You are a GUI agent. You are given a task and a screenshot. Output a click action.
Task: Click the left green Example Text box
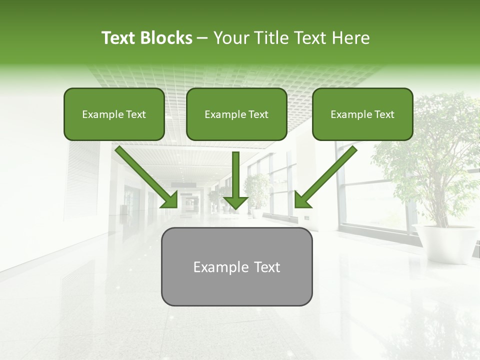point(114,114)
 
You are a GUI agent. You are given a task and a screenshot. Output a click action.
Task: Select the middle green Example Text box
point(236,114)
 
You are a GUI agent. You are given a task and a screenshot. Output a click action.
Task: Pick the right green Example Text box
point(362,114)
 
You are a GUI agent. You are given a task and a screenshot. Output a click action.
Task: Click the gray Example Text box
point(236,266)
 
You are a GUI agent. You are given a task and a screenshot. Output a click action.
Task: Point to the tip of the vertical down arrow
point(235,207)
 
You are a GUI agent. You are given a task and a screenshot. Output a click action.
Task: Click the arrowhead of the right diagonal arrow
point(300,202)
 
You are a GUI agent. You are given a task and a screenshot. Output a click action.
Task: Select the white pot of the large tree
point(445,242)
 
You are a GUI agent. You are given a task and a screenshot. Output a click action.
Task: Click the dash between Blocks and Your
point(202,38)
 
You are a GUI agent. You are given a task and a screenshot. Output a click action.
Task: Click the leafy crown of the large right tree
point(430,150)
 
